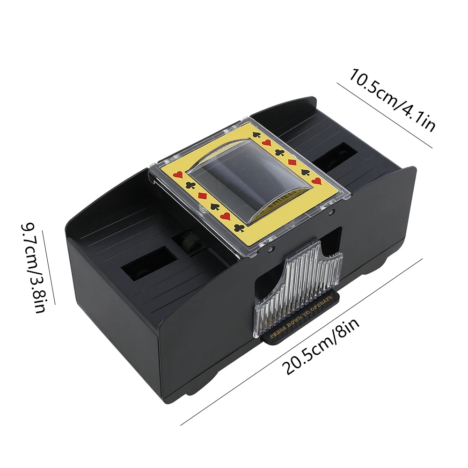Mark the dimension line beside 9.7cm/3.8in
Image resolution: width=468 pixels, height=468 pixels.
49,267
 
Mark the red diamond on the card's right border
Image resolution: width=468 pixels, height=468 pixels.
291,162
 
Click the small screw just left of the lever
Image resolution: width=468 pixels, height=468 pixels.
271,248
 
